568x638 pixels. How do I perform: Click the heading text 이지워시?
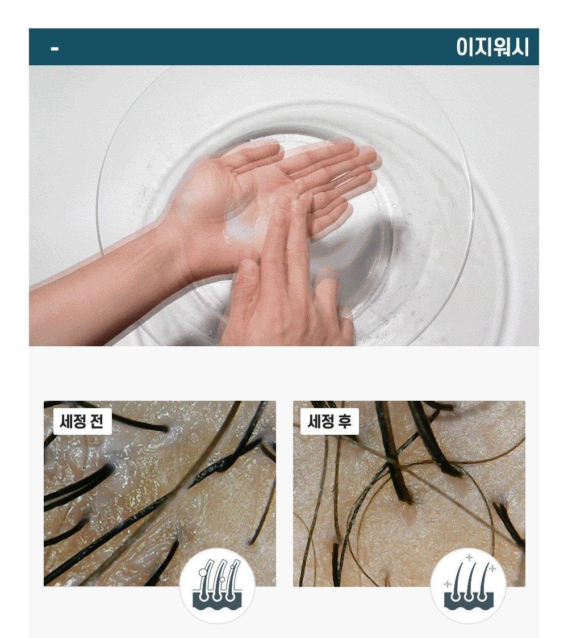[492, 47]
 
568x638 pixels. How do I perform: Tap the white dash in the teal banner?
[55, 49]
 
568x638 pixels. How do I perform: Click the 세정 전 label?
[82, 421]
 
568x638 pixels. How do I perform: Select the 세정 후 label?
[329, 421]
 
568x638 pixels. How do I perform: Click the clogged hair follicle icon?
[217, 585]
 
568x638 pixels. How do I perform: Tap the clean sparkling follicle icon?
[468, 585]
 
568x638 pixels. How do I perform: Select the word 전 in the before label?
[97, 421]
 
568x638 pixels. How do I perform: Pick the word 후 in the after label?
[344, 421]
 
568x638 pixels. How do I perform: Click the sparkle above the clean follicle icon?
[469, 557]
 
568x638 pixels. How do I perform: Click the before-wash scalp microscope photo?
[160, 494]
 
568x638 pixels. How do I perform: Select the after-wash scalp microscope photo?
[409, 494]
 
